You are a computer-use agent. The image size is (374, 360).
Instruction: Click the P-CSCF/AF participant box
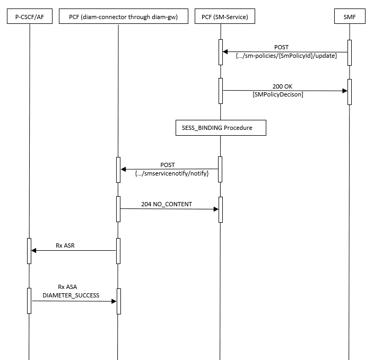tap(30, 17)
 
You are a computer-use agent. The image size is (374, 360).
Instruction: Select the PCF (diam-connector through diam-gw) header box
tap(117, 17)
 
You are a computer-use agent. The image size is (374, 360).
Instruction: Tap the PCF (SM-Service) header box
tap(221, 17)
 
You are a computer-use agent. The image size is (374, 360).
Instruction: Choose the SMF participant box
tap(349, 17)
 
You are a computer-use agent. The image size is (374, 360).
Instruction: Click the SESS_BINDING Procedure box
tap(221, 127)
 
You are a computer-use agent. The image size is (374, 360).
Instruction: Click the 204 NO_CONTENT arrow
tap(169, 209)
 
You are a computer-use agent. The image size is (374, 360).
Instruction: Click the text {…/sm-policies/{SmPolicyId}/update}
tap(285, 56)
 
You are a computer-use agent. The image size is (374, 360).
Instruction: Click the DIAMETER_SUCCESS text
tap(71, 295)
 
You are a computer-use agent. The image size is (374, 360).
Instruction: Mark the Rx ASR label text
tap(66, 245)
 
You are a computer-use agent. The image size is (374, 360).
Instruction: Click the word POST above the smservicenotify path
tap(168, 165)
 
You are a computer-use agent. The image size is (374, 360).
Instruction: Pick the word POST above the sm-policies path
tap(282, 47)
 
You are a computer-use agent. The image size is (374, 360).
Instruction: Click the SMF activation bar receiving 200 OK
tap(349, 92)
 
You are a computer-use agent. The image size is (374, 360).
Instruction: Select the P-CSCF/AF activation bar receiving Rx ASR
tap(30, 251)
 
